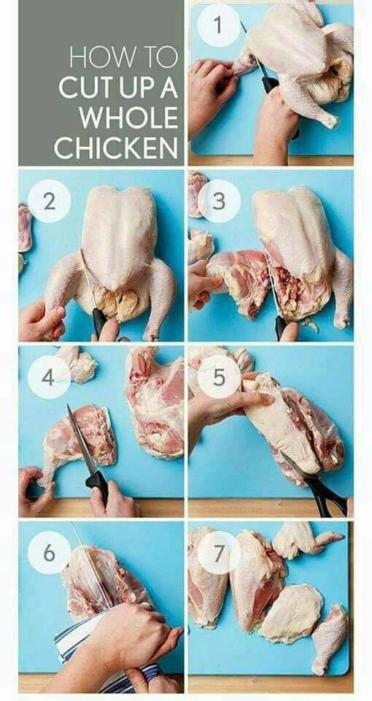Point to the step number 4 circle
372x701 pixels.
tap(49, 378)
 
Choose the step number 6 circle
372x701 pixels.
tap(49, 553)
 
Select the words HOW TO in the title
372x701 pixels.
tap(123, 57)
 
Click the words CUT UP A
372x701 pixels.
tap(118, 88)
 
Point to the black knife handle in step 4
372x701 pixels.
tap(97, 485)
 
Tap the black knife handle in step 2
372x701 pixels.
tap(99, 322)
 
